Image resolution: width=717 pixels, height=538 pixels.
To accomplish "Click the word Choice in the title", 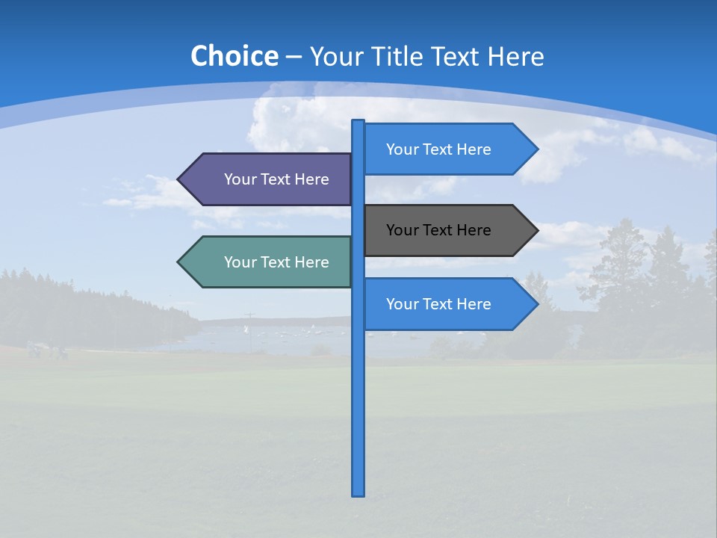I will click(234, 57).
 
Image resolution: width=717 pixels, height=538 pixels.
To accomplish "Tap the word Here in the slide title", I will click(515, 57).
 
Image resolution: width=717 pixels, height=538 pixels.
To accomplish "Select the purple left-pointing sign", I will click(269, 179).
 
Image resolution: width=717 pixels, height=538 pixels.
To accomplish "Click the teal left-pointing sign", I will click(269, 262).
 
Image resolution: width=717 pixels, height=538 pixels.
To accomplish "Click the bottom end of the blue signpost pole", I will click(358, 493).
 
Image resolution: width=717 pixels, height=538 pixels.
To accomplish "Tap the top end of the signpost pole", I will click(358, 122).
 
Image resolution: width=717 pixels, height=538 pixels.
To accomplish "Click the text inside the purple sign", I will click(276, 179).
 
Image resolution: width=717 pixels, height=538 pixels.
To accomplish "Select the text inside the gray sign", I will click(438, 230).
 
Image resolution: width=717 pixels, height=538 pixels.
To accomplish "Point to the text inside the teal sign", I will click(276, 262).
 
